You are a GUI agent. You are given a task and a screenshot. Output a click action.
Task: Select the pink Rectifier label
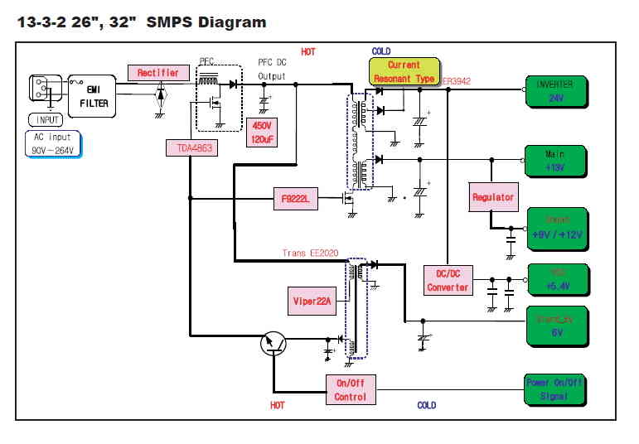[x=157, y=73]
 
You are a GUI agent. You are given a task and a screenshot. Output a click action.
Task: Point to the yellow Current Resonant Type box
[x=404, y=71]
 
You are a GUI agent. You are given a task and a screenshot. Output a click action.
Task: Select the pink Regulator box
[x=493, y=197]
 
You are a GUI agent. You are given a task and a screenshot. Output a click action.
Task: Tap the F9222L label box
[x=296, y=199]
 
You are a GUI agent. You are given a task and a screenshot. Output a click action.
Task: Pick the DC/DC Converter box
[x=448, y=280]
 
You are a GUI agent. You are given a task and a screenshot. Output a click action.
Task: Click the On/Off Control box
[x=350, y=389]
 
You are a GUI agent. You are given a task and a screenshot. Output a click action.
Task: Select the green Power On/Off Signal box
[x=555, y=389]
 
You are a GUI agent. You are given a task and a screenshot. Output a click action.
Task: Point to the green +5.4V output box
[x=558, y=280]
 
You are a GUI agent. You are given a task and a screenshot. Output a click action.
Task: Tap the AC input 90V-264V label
[x=52, y=144]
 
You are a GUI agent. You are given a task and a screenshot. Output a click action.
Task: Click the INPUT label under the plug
[x=48, y=119]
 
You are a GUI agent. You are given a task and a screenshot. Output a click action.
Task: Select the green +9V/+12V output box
[x=558, y=228]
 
